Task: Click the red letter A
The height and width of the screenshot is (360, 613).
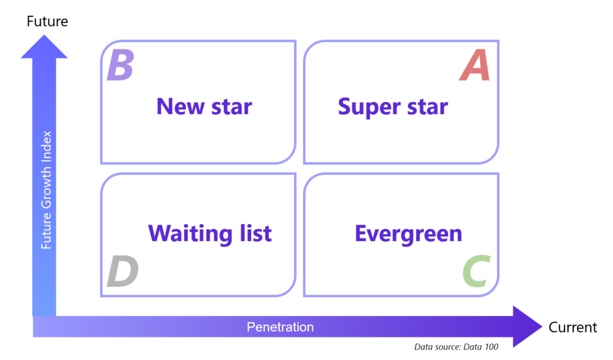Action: pyautogui.click(x=475, y=67)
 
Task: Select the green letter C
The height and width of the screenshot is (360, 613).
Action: pyautogui.click(x=475, y=272)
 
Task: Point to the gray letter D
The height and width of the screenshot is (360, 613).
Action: pyautogui.click(x=122, y=272)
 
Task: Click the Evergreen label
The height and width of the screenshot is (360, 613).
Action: pyautogui.click(x=408, y=234)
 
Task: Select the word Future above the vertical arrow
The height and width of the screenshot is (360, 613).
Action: pyautogui.click(x=48, y=22)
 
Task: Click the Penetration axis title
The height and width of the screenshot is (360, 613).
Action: pyautogui.click(x=280, y=327)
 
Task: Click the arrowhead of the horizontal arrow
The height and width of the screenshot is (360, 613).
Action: pyautogui.click(x=526, y=326)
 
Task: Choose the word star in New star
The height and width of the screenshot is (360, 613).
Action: pyautogui.click(x=231, y=107)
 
